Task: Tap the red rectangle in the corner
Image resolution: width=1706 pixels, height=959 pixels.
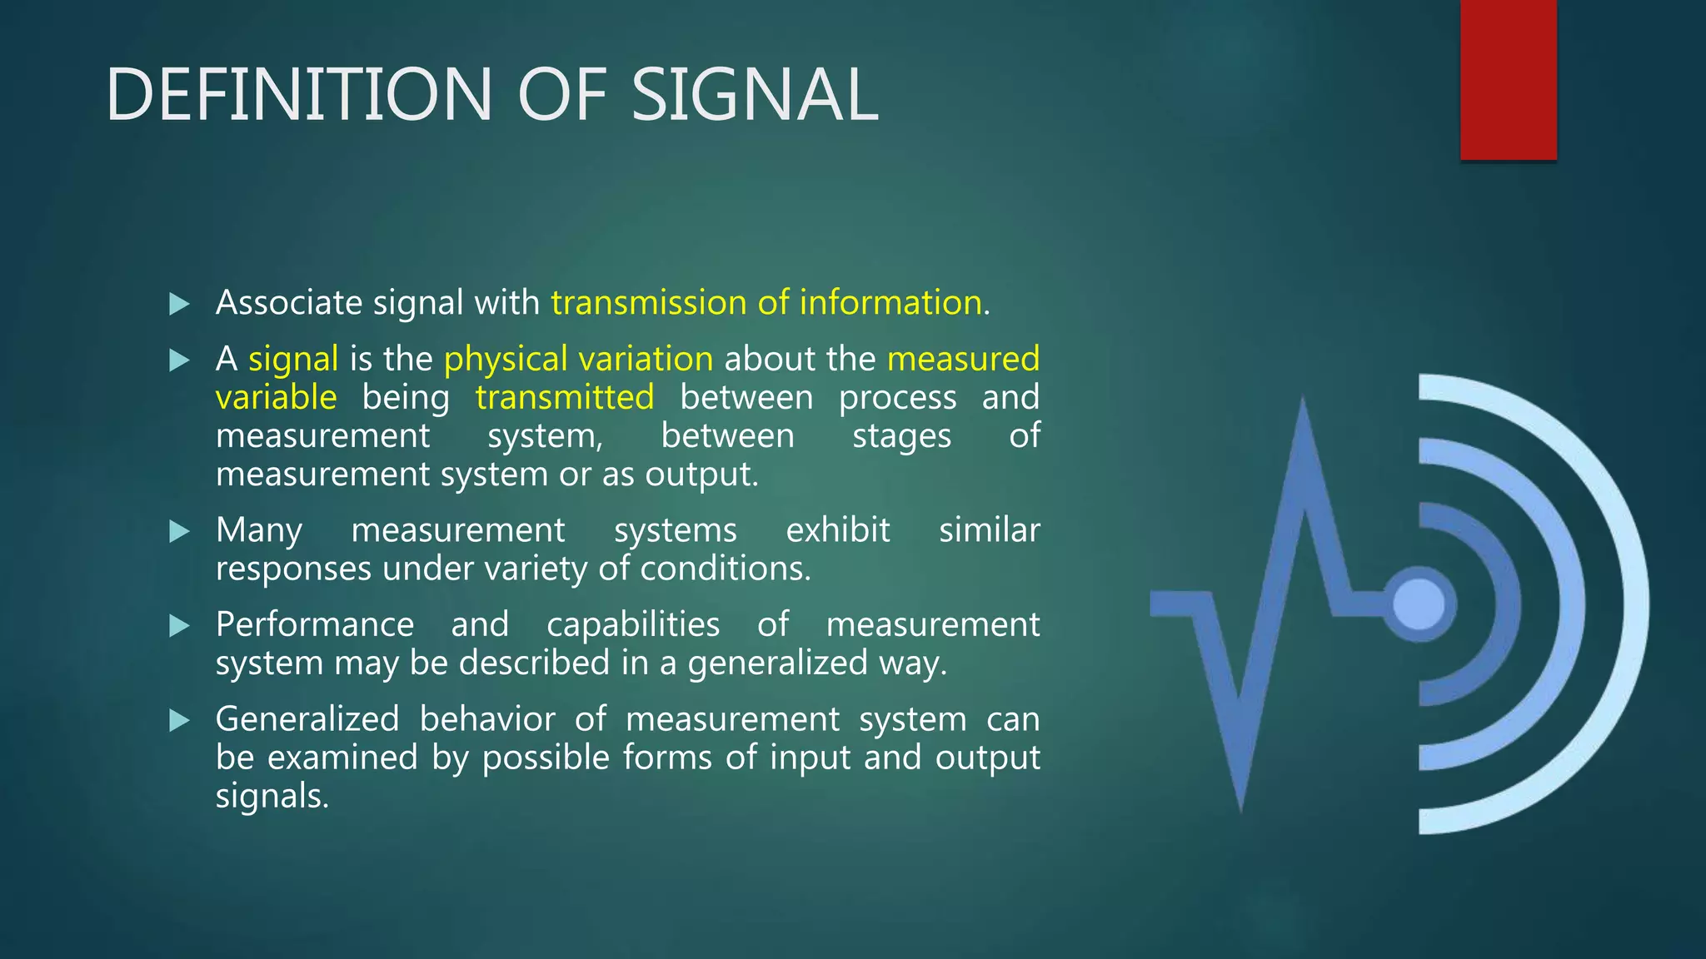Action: click(1508, 79)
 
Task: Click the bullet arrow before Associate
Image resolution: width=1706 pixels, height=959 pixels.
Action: click(179, 304)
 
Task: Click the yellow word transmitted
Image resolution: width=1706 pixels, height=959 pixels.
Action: click(565, 397)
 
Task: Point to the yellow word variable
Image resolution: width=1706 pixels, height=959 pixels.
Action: click(276, 397)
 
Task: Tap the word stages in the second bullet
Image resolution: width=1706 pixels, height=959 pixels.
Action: click(901, 436)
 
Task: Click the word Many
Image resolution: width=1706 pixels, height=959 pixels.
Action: click(258, 531)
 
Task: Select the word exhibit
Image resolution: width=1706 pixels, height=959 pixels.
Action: click(838, 530)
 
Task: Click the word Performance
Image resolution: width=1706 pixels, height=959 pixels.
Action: click(315, 624)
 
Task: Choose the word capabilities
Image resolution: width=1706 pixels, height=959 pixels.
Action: click(633, 624)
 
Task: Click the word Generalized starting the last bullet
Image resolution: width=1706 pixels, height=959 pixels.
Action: click(307, 718)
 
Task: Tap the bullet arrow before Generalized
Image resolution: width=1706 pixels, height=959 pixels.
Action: click(179, 720)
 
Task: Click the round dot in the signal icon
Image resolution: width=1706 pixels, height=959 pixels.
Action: click(1419, 604)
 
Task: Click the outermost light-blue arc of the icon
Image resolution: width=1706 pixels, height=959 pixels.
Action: click(1633, 604)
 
